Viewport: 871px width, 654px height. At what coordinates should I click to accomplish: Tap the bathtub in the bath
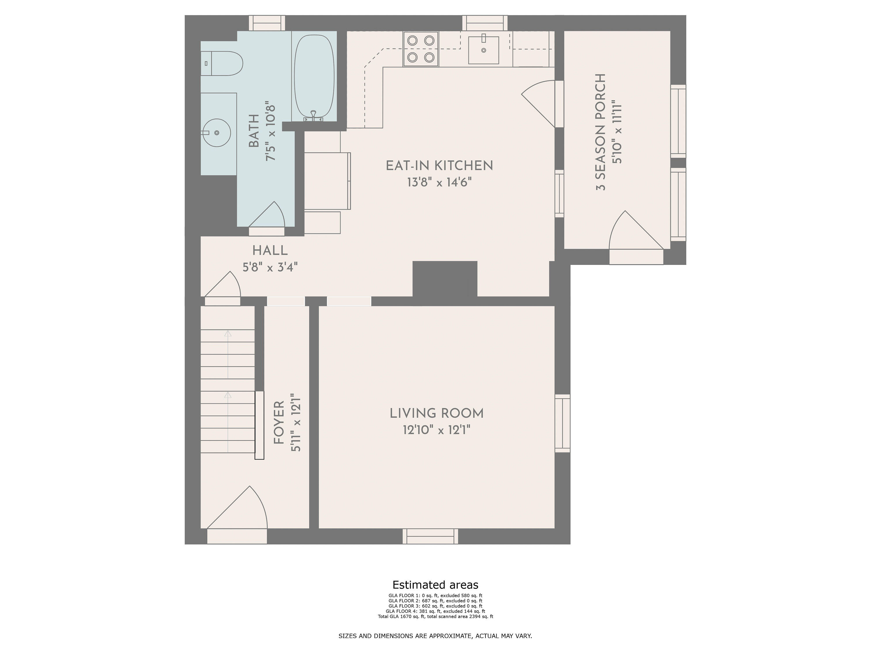(x=314, y=77)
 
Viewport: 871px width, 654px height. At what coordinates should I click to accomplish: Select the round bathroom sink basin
(x=217, y=133)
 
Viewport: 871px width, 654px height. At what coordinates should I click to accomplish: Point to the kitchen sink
(x=483, y=50)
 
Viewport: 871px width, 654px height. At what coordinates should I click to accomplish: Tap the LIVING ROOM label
(x=437, y=414)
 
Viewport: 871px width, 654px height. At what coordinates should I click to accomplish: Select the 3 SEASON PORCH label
(x=600, y=132)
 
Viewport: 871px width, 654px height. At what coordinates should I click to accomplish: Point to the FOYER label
(x=279, y=423)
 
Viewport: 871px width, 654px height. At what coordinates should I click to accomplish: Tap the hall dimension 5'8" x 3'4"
(x=270, y=267)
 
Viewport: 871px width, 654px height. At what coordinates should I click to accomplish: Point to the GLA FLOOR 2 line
(x=435, y=601)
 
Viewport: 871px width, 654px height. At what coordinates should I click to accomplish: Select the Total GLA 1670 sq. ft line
(x=435, y=617)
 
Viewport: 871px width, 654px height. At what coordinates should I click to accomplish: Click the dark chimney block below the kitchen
(x=445, y=279)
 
